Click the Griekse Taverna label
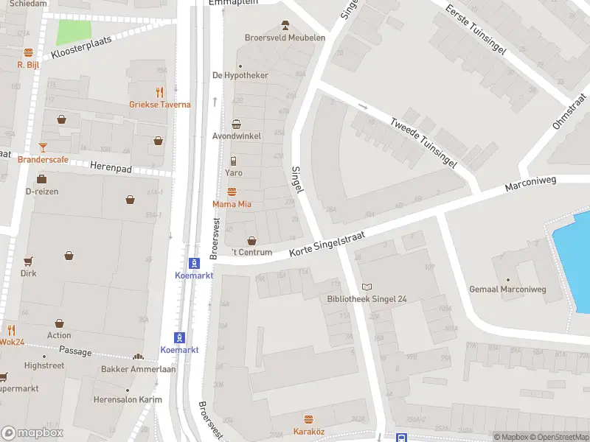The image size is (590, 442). [160, 105]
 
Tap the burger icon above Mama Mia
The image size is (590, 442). [232, 192]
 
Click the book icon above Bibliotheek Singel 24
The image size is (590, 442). [367, 287]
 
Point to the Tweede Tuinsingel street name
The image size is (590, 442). [423, 143]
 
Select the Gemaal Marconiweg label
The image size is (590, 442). [507, 290]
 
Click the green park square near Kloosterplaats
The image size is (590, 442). [74, 32]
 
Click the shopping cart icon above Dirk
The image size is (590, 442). [28, 261]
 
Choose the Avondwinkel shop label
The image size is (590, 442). [236, 136]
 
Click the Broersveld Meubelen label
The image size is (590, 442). [285, 38]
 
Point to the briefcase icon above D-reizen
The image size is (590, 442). [42, 179]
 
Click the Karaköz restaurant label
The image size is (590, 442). [308, 431]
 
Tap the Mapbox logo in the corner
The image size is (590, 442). [32, 433]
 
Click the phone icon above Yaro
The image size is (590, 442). [233, 161]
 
